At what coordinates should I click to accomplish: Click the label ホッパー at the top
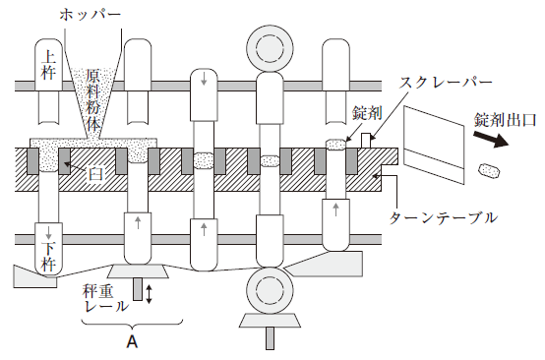[x=91, y=14]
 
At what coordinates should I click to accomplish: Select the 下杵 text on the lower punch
[x=48, y=256]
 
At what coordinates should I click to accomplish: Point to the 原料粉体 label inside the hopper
[x=93, y=99]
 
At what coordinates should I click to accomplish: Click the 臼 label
[x=94, y=174]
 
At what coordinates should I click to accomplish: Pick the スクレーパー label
[x=446, y=82]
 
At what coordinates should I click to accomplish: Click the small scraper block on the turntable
[x=366, y=141]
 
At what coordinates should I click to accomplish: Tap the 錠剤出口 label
[x=505, y=120]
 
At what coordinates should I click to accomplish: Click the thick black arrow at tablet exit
[x=491, y=139]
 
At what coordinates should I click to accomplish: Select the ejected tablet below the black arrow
[x=490, y=170]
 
